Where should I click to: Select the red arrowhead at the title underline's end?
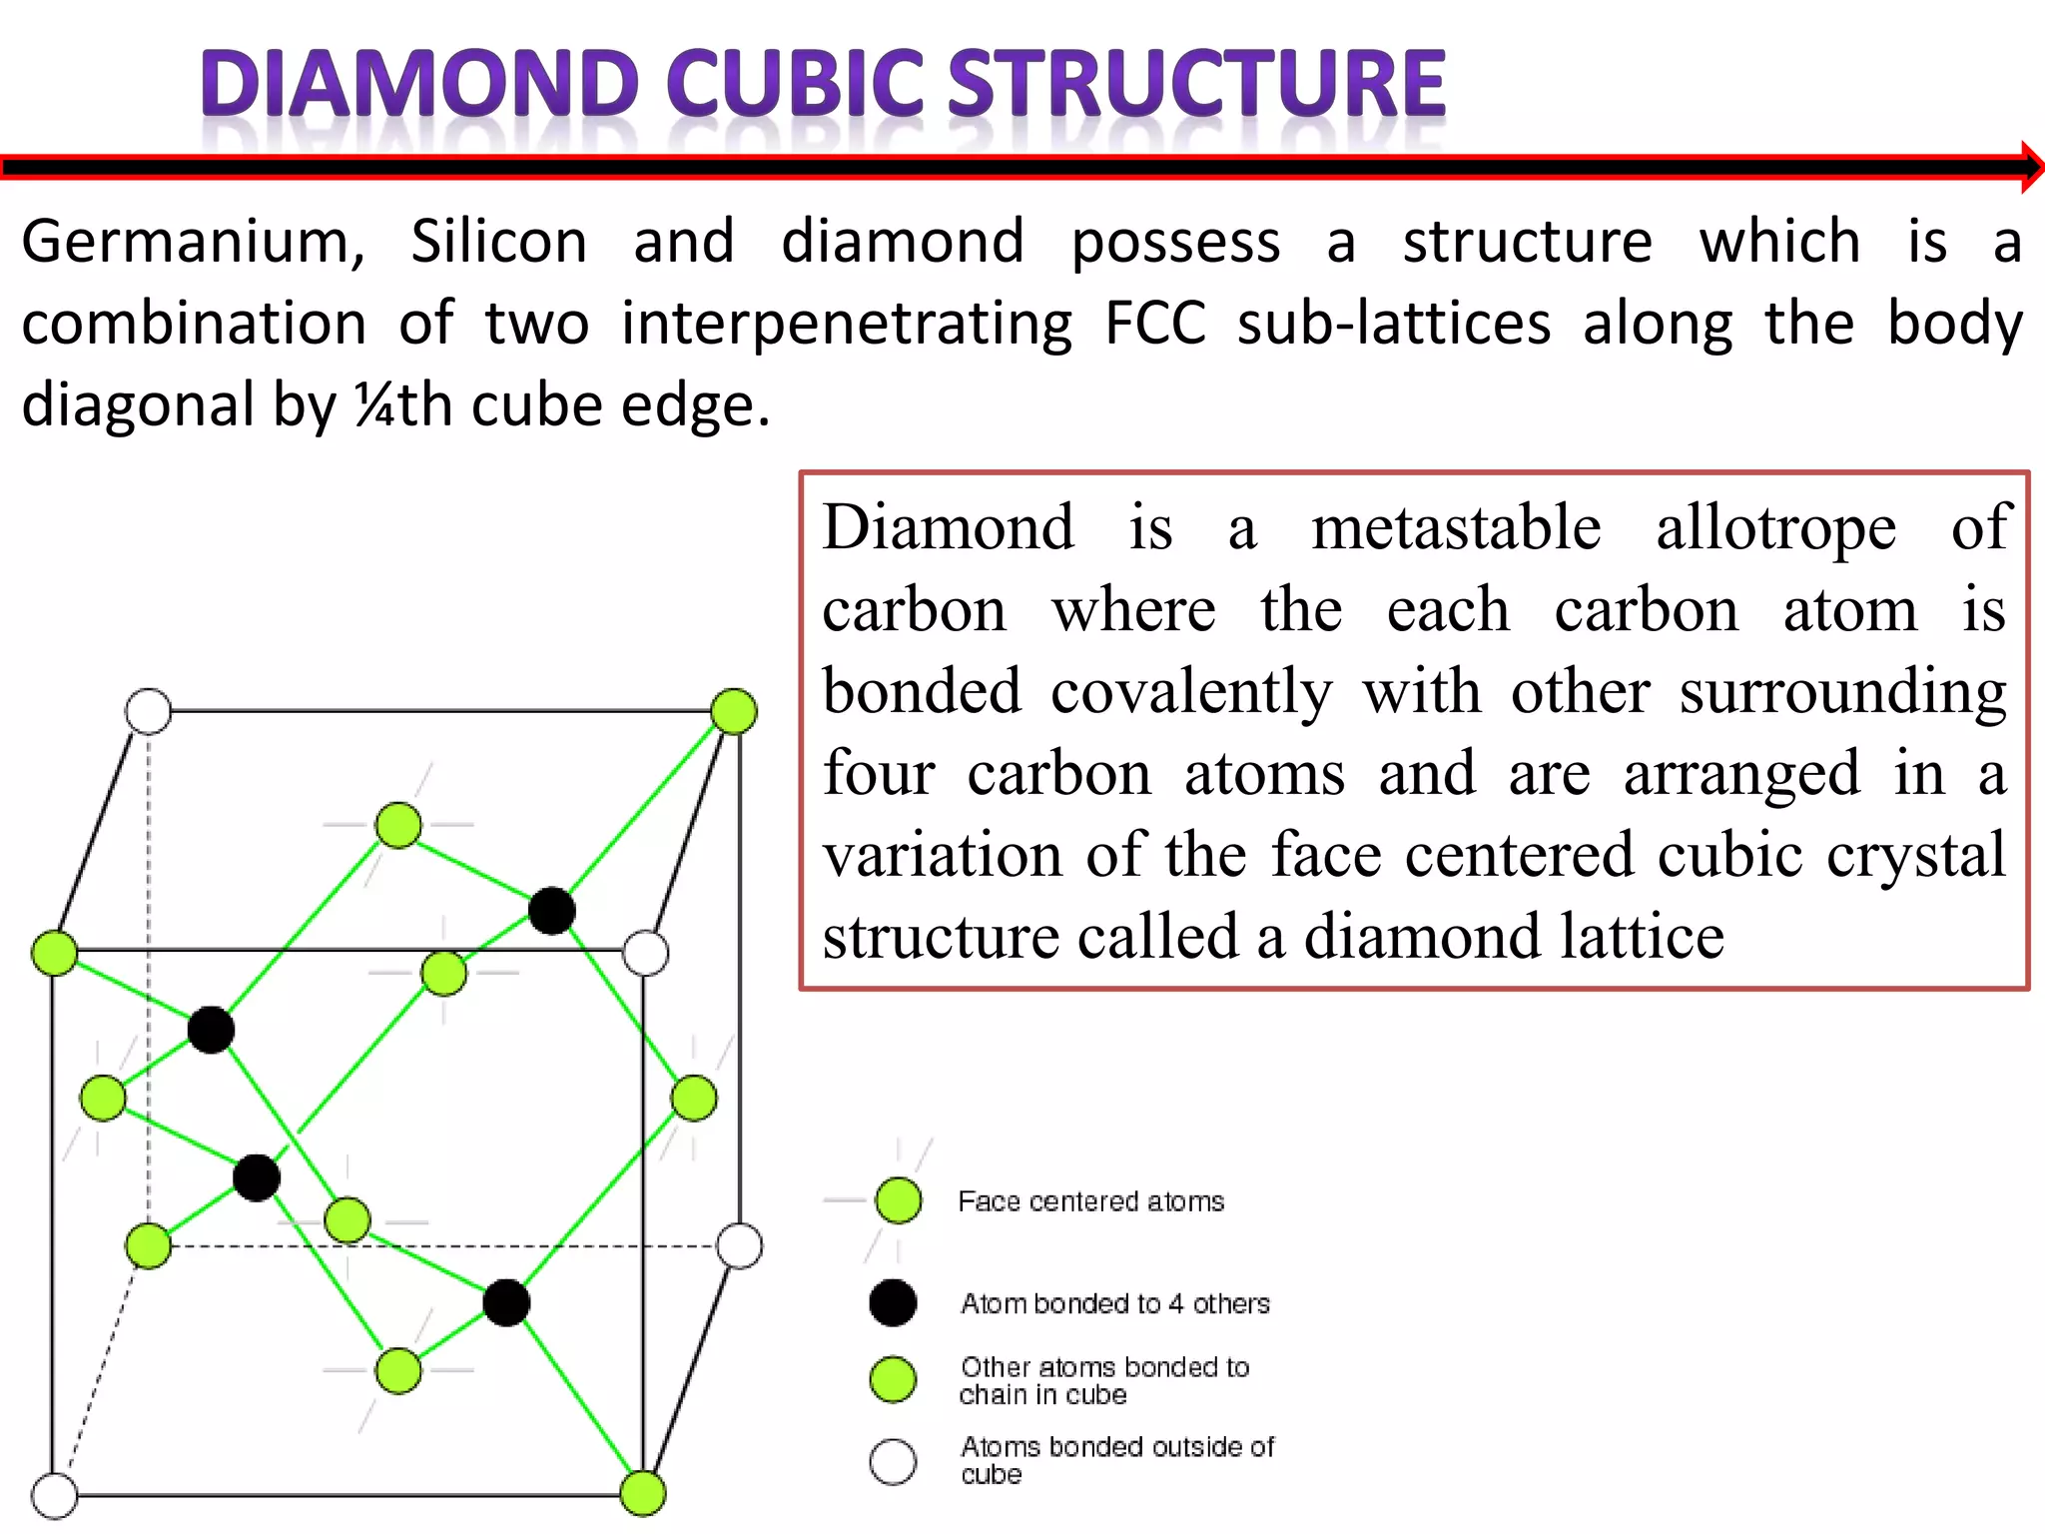[2031, 167]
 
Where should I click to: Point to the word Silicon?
[498, 243]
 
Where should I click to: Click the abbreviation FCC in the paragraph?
[1154, 324]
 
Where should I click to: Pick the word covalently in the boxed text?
[1190, 691]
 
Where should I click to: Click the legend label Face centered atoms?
[1090, 1201]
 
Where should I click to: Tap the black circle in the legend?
[893, 1303]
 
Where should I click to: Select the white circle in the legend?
[893, 1461]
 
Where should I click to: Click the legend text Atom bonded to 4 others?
[1114, 1304]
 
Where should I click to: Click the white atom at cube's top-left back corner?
[149, 711]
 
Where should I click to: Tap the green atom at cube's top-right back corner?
[734, 711]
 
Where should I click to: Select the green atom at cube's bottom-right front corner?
[642, 1494]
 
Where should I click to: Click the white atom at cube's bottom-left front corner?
[55, 1496]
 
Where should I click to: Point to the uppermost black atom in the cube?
[551, 911]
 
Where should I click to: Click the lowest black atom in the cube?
[506, 1303]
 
